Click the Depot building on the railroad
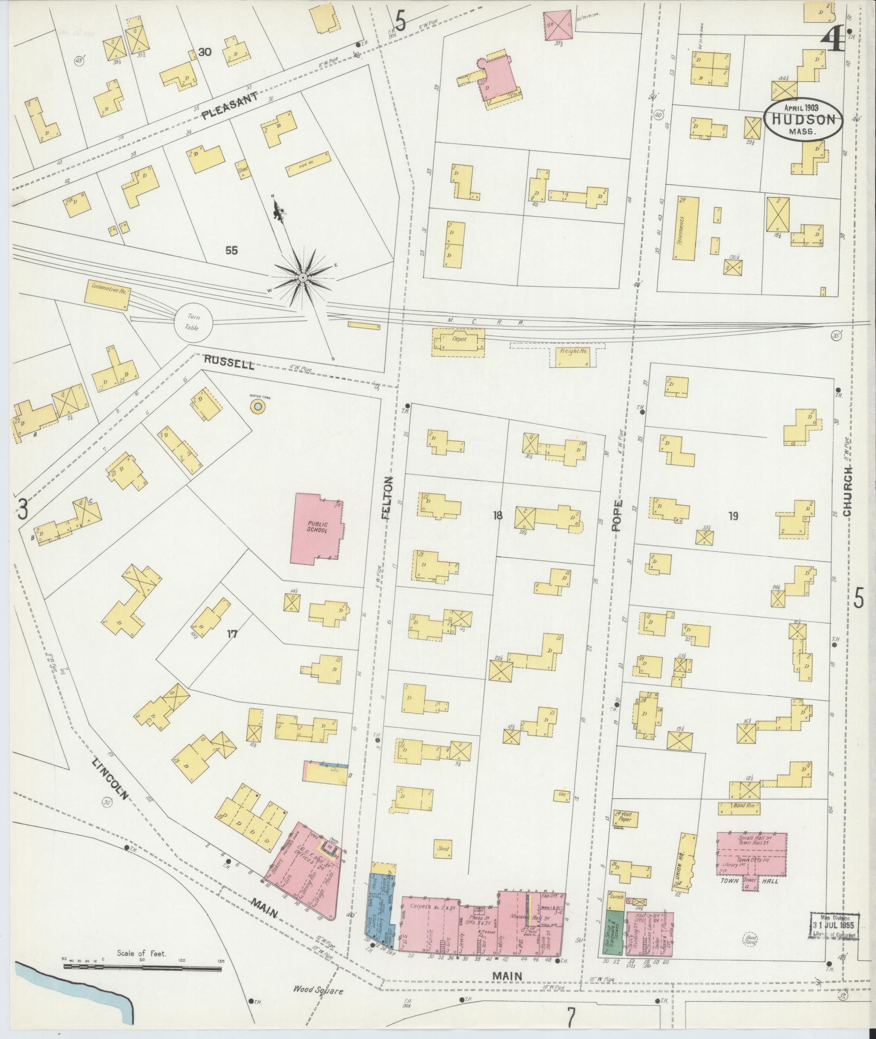pyautogui.click(x=458, y=342)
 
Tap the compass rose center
pyautogui.click(x=301, y=278)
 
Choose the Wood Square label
pyautogui.click(x=319, y=990)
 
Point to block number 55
pyautogui.click(x=232, y=250)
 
